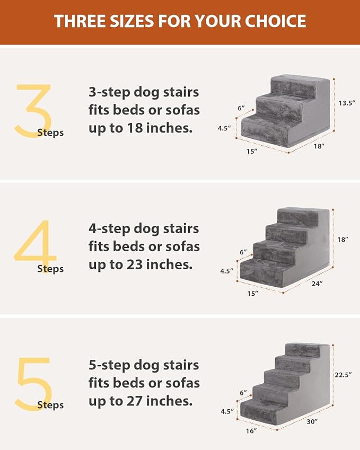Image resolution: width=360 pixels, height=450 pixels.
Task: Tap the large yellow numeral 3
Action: (x=33, y=111)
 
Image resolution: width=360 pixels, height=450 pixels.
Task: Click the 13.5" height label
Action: (x=347, y=103)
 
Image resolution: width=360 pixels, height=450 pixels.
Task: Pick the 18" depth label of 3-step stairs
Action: (x=319, y=146)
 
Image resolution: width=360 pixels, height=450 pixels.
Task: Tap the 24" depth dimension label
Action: (x=317, y=283)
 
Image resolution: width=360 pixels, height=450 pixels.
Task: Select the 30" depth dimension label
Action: (x=312, y=421)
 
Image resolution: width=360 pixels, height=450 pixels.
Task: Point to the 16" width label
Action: (x=251, y=431)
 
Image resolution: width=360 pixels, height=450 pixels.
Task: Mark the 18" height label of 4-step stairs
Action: (x=343, y=240)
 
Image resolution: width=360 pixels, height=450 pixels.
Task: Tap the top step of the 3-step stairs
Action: (x=300, y=84)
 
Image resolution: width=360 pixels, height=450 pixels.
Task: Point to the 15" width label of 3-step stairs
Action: (x=252, y=152)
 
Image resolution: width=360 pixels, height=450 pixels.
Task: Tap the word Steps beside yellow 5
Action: (x=50, y=405)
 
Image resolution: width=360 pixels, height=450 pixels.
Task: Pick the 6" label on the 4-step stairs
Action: (x=243, y=252)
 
